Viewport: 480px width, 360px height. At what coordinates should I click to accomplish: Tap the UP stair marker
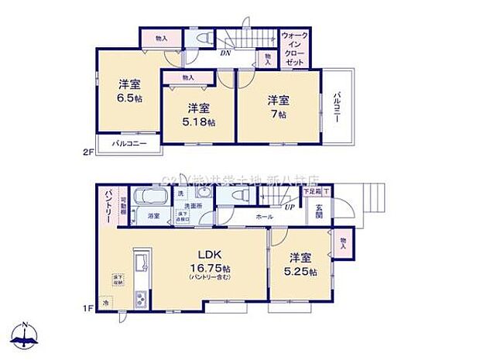tap(288, 207)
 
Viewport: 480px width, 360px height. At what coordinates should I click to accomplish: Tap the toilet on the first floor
tap(233, 198)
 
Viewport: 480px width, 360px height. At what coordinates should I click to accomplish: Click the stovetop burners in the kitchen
tap(140, 296)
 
